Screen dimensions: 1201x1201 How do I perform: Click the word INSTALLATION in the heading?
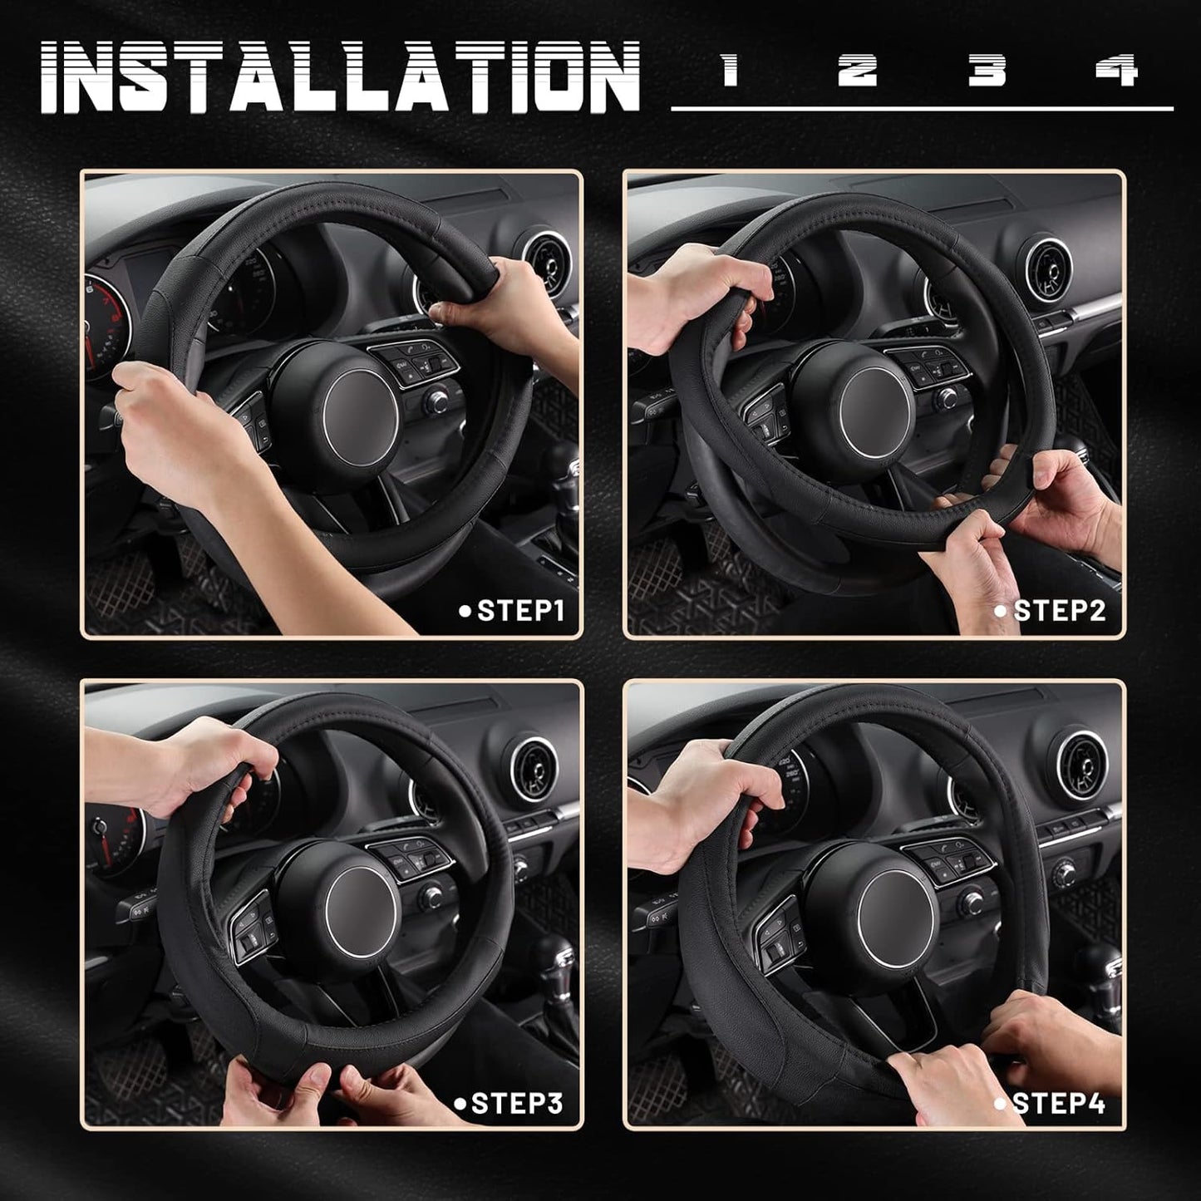pyautogui.click(x=341, y=76)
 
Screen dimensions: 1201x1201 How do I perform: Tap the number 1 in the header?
pyautogui.click(x=730, y=70)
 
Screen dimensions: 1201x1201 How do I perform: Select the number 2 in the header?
pyautogui.click(x=857, y=70)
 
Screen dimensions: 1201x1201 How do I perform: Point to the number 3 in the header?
pyautogui.click(x=987, y=70)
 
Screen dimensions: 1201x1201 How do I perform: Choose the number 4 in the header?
pyautogui.click(x=1116, y=70)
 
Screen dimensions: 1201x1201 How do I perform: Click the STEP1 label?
pyautogui.click(x=512, y=611)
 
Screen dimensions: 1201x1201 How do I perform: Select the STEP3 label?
pyautogui.click(x=509, y=1103)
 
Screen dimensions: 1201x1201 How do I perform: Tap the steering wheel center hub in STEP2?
pyautogui.click(x=875, y=413)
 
